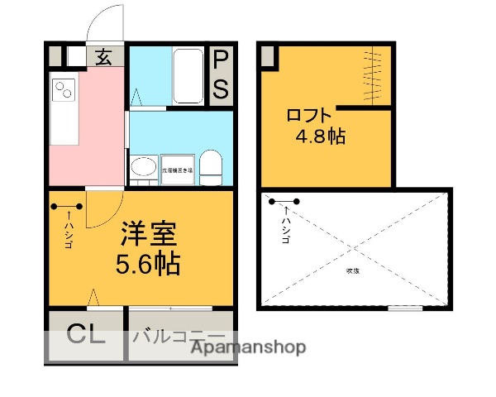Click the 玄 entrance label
104,57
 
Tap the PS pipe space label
221,74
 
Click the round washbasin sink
142,169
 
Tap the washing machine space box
177,169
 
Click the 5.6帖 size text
149,265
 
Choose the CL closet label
86,336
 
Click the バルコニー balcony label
178,336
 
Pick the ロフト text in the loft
310,115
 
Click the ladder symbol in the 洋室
66,208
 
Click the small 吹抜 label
352,270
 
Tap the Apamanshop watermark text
248,347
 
